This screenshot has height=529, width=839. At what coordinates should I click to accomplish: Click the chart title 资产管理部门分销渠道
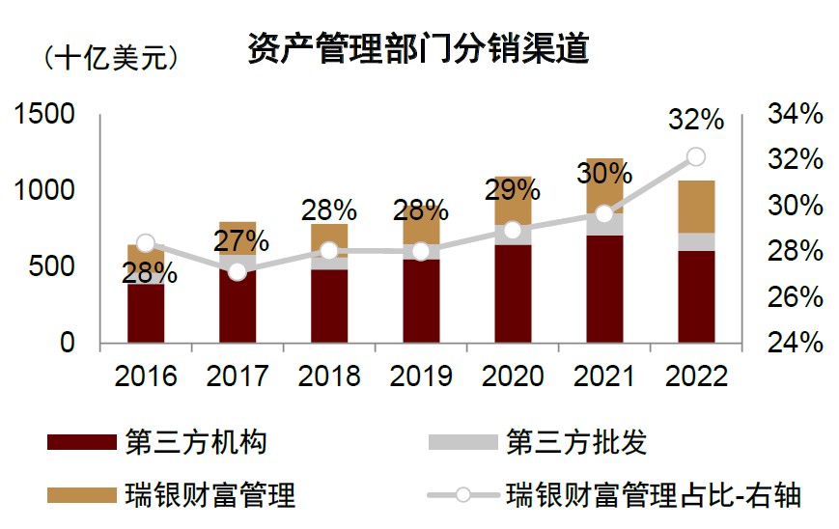click(x=418, y=48)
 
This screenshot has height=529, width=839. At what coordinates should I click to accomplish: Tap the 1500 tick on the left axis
click(x=42, y=115)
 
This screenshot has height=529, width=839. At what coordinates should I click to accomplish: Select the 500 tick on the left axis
click(x=49, y=266)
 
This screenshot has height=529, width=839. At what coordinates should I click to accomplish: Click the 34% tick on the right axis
click(x=795, y=115)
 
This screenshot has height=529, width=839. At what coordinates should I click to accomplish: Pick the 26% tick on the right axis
click(x=795, y=297)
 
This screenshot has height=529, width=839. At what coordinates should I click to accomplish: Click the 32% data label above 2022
click(x=695, y=120)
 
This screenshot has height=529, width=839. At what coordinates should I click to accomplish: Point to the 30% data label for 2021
click(x=604, y=174)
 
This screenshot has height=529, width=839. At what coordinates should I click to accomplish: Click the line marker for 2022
click(x=695, y=157)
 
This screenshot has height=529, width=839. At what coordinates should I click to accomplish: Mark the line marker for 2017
click(x=238, y=271)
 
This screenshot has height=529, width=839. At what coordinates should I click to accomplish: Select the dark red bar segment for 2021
click(x=604, y=288)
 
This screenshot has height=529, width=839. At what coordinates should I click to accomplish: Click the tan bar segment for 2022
click(x=695, y=207)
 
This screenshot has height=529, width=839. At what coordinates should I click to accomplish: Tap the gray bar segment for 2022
click(x=695, y=241)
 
